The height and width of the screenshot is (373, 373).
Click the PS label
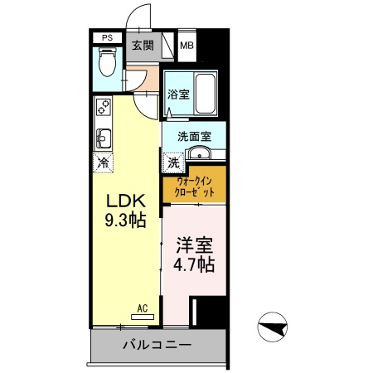[x=106, y=37]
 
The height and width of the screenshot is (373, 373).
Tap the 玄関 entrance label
[x=143, y=45]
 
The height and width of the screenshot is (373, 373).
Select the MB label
[x=187, y=45]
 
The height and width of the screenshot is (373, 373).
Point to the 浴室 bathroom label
[x=177, y=94]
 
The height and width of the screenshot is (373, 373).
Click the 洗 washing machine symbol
[x=173, y=161]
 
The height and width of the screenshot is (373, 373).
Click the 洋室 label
[x=193, y=246]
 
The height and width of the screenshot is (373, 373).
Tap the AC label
[x=142, y=308]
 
